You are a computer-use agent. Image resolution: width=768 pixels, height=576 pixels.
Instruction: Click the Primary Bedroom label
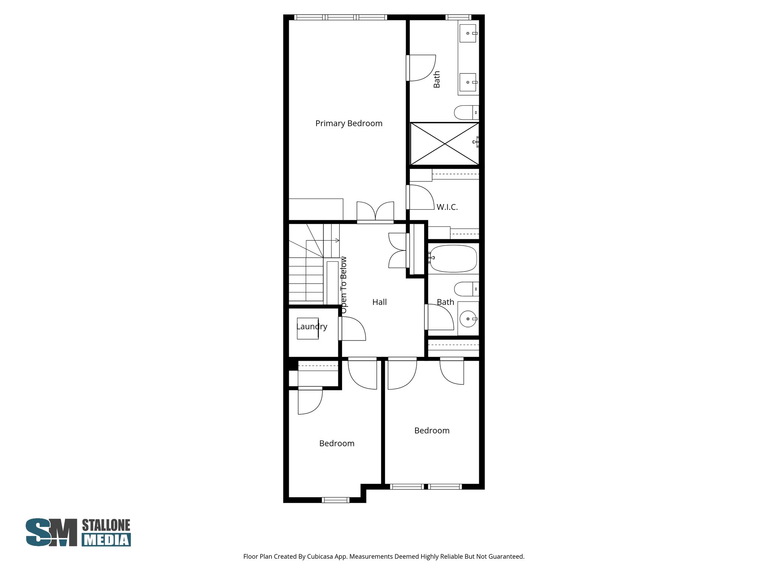349,123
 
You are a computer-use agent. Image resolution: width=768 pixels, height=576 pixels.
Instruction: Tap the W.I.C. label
447,207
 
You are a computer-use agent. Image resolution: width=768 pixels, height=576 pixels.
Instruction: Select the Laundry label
312,327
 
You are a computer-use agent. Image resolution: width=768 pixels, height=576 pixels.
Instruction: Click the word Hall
379,302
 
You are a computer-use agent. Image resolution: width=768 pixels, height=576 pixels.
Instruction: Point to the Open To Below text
343,285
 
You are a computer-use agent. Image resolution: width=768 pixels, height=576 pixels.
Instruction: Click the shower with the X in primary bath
444,144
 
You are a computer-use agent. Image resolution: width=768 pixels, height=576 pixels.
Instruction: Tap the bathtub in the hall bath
453,259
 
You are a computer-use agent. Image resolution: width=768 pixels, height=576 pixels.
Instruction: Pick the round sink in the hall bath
468,319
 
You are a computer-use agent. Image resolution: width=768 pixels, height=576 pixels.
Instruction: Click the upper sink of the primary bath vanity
468,33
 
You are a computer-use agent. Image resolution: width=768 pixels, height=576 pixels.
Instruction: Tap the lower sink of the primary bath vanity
468,82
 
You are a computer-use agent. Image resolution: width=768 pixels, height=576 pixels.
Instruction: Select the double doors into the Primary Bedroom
375,212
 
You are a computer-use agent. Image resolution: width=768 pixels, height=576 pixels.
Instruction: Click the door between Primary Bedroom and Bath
421,68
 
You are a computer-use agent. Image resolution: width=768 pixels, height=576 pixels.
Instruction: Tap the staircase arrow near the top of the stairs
336,240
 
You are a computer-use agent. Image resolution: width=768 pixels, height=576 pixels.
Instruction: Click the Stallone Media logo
78,532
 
